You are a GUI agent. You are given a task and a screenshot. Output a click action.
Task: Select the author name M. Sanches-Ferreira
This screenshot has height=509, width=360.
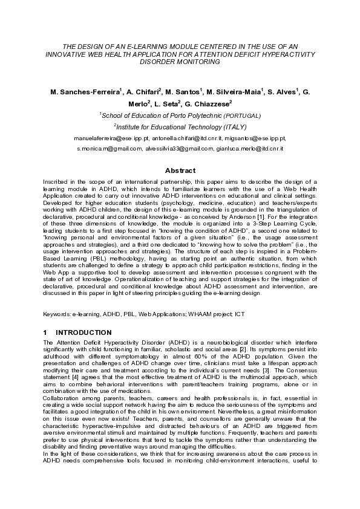[x=85, y=92]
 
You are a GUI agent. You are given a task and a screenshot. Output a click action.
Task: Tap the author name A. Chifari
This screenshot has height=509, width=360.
[x=143, y=92]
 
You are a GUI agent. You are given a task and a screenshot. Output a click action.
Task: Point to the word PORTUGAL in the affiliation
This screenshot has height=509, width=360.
[x=243, y=115]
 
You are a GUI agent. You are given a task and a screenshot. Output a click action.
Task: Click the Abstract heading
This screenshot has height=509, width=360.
[x=180, y=170]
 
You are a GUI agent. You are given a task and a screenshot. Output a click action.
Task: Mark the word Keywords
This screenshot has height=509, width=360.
[x=56, y=314]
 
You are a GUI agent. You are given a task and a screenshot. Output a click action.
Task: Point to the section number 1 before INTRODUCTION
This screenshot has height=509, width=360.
[x=46, y=332]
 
